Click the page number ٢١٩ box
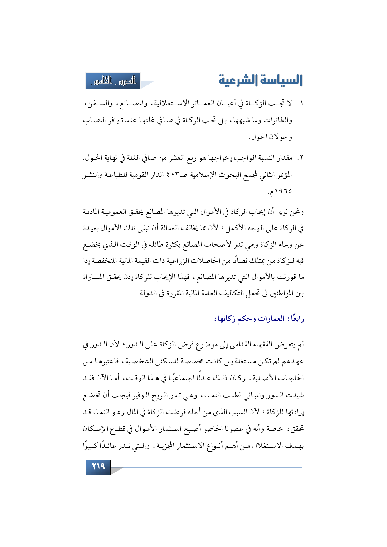98,467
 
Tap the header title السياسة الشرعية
260,80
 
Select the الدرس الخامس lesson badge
113,81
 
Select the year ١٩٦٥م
280,191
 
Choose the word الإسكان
96,429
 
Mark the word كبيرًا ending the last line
91,446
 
